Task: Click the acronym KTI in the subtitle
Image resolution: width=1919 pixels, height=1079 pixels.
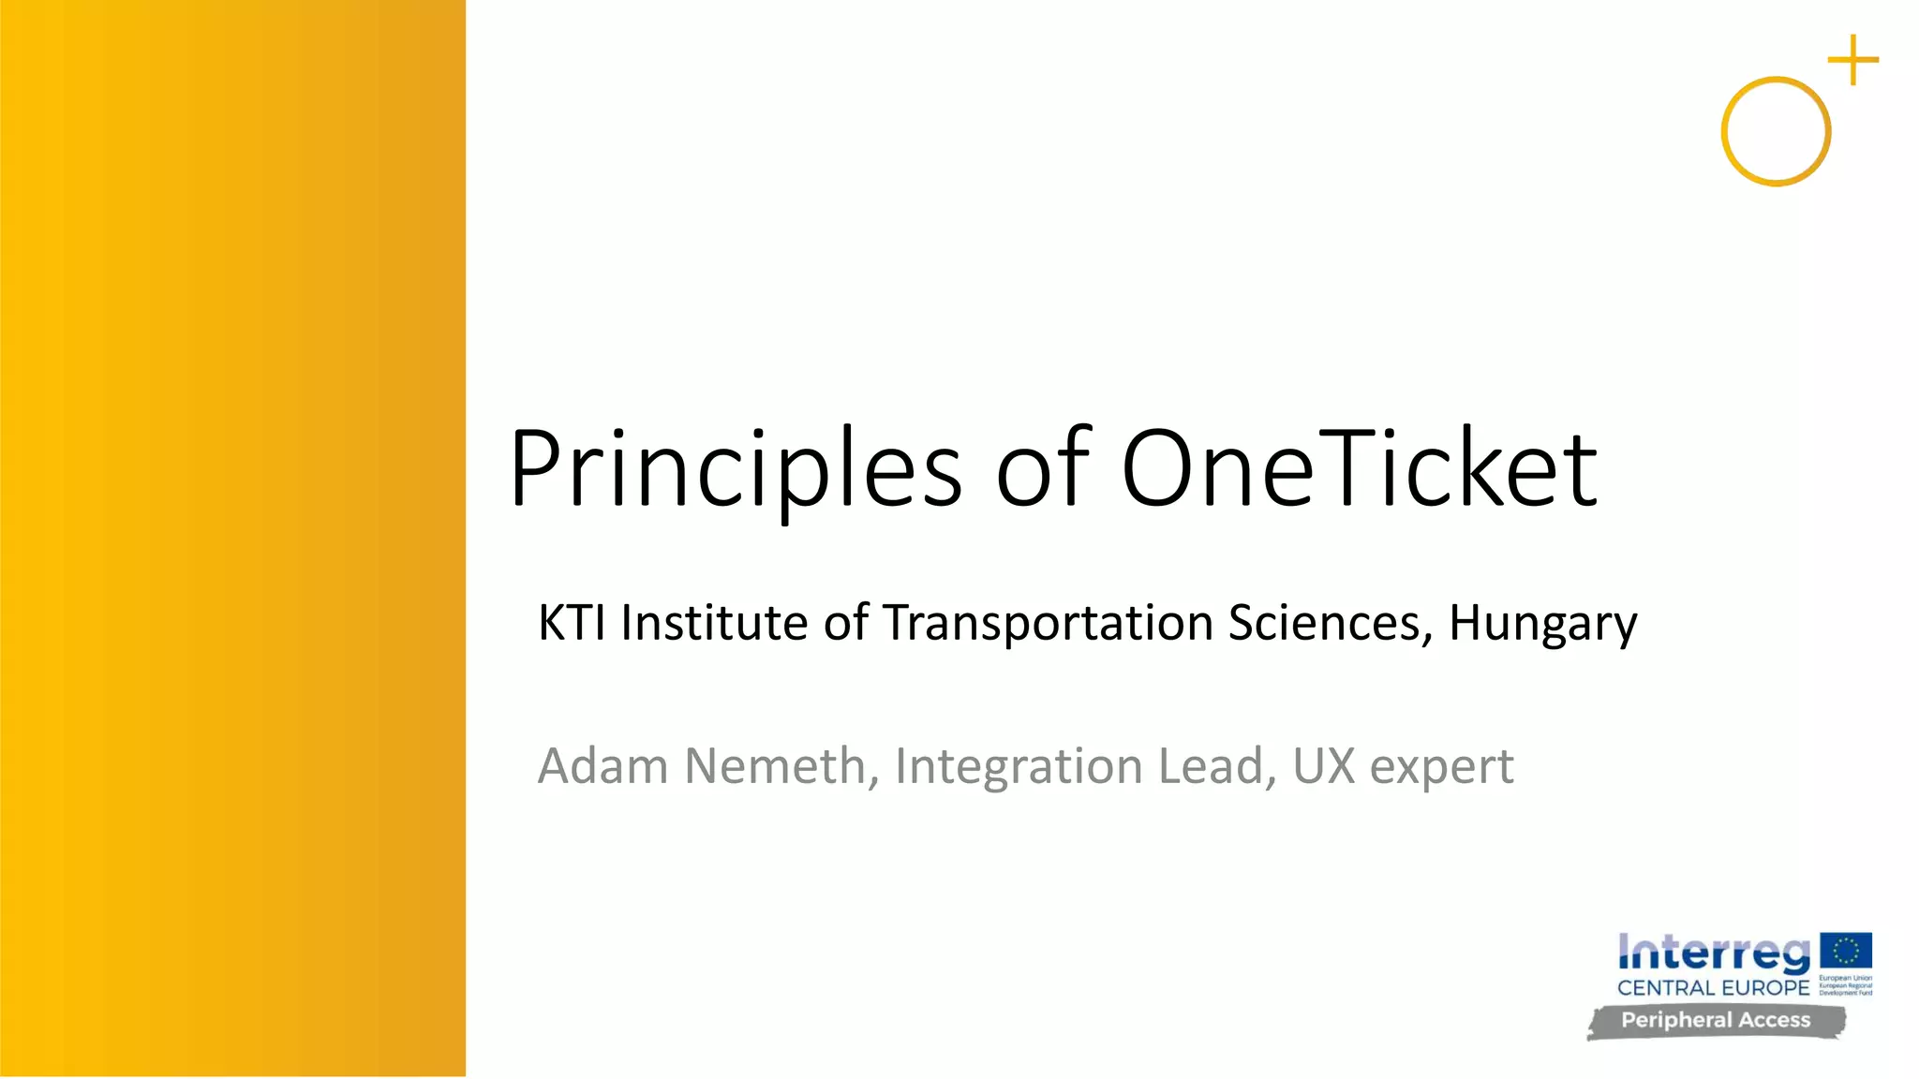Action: [x=572, y=622]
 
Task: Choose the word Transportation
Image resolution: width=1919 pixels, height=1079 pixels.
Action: [x=1049, y=622]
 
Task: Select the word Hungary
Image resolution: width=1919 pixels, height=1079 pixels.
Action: [x=1543, y=624]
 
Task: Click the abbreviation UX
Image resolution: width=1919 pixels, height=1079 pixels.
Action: [x=1324, y=765]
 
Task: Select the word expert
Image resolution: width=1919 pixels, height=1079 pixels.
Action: [x=1442, y=767]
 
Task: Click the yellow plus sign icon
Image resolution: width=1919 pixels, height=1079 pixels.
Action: [x=1852, y=60]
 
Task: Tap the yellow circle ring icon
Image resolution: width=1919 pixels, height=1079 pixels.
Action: [x=1776, y=131]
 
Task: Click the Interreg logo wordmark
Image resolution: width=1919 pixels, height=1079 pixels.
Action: [x=1714, y=953]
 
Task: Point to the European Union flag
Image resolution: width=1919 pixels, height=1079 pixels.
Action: [x=1846, y=951]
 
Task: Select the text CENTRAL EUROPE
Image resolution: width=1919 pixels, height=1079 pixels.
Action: [x=1713, y=988]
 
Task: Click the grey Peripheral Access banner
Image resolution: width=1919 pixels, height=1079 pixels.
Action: [x=1716, y=1021]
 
